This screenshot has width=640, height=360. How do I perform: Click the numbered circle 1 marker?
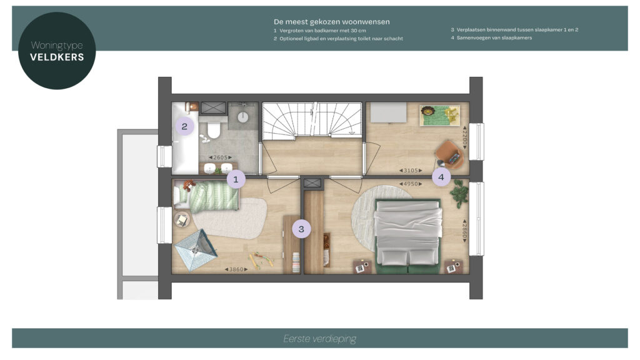(236, 179)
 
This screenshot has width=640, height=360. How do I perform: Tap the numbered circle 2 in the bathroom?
(184, 126)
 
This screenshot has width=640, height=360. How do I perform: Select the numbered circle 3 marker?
(301, 229)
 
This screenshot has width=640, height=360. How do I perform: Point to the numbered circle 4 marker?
(441, 177)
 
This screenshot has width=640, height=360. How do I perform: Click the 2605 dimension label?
(221, 157)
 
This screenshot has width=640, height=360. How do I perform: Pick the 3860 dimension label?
(236, 269)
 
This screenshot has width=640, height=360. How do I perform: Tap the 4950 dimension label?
(411, 184)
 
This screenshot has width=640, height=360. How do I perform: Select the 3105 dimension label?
(411, 171)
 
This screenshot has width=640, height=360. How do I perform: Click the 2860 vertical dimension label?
(464, 231)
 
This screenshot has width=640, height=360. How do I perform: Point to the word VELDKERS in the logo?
(57, 57)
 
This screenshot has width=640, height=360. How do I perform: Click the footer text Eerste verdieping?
(319, 339)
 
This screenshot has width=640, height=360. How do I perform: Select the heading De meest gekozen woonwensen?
(332, 22)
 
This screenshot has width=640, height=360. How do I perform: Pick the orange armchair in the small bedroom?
(450, 154)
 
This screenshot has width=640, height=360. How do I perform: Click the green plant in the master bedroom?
(460, 194)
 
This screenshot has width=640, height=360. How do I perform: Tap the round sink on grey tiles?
(243, 117)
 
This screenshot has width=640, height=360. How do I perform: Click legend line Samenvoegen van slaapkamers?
(491, 37)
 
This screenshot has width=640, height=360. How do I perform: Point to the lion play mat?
(440, 116)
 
